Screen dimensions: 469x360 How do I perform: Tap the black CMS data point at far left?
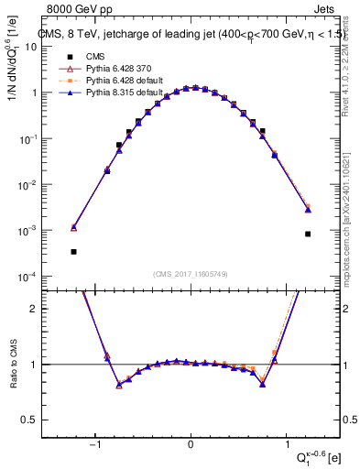coord(73,251)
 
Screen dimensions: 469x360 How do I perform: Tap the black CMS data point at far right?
coord(308,234)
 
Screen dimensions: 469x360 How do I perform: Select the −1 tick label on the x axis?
coord(95,445)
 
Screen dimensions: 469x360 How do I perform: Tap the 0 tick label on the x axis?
coord(191,445)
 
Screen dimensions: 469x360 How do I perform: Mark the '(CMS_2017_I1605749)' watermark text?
coord(191,274)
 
